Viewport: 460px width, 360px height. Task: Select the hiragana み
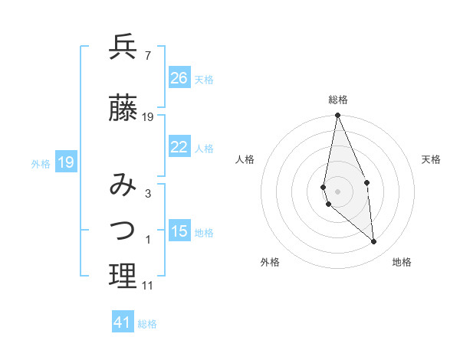click(123, 185)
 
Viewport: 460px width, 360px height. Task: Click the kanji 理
click(123, 276)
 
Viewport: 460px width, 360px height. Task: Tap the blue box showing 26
click(179, 78)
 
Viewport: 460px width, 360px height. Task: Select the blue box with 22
click(179, 147)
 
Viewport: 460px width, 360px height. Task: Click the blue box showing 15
click(179, 231)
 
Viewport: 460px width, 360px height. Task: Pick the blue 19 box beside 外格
click(65, 162)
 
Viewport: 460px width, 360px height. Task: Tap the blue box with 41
click(123, 322)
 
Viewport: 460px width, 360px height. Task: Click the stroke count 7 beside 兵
click(147, 56)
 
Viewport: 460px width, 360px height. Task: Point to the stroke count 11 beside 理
click(147, 286)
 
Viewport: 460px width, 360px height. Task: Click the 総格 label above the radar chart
click(338, 100)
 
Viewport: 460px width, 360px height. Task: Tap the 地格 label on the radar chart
click(402, 262)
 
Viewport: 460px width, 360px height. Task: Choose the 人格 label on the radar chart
click(245, 159)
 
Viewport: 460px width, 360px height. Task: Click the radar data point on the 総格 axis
click(337, 116)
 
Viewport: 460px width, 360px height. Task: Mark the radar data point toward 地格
click(374, 242)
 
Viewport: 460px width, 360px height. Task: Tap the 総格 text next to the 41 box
click(147, 324)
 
